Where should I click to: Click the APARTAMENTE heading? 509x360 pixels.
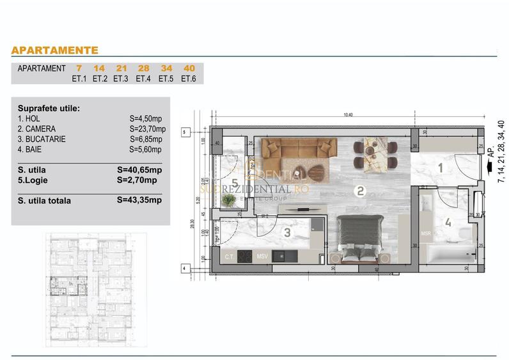click(x=54, y=50)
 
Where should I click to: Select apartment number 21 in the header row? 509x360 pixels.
click(x=121, y=68)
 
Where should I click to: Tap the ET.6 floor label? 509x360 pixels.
click(x=188, y=79)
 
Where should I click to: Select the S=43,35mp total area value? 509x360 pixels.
click(x=140, y=200)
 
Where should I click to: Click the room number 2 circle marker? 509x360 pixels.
click(x=360, y=190)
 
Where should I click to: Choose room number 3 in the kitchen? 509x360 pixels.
click(x=287, y=233)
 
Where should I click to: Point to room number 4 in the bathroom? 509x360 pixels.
click(x=448, y=223)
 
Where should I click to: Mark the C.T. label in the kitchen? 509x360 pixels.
click(x=229, y=257)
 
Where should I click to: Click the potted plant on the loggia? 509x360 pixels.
click(x=229, y=200)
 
